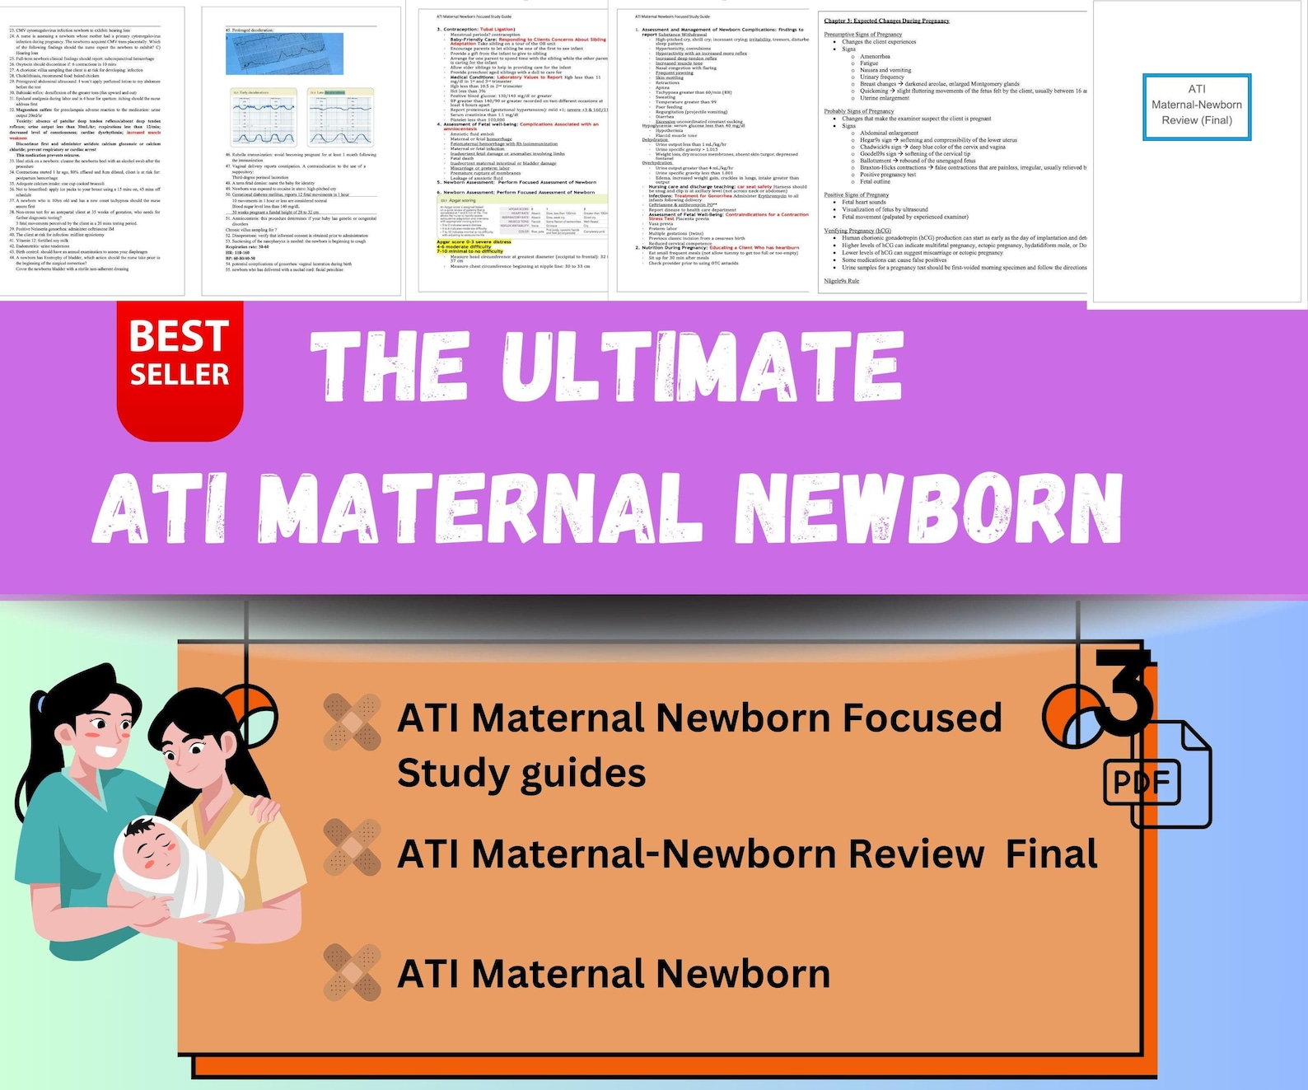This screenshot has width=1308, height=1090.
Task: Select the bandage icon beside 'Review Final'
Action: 352,847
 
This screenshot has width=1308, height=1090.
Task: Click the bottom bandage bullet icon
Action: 352,972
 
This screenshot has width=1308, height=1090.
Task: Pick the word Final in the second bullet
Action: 1051,854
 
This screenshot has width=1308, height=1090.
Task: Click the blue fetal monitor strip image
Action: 284,54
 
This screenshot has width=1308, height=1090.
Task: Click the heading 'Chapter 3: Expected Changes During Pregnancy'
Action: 886,21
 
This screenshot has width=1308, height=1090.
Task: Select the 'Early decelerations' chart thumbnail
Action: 263,117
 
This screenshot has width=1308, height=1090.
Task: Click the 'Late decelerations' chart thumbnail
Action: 340,117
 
